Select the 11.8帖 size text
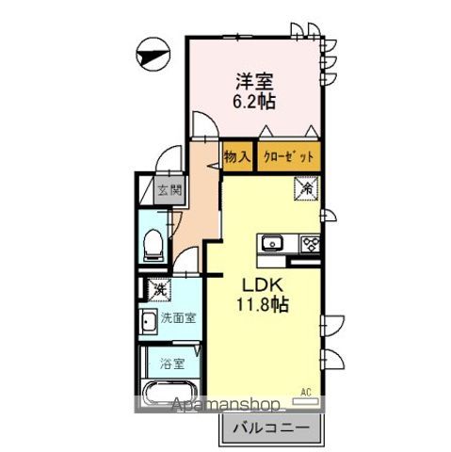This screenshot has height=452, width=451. [x=263, y=304]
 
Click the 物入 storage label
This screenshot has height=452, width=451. [x=236, y=157]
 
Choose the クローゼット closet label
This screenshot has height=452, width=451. [x=287, y=157]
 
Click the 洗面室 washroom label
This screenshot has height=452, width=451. [x=178, y=317]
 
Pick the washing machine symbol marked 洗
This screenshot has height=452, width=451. [x=153, y=289]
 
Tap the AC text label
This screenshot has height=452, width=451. [x=304, y=390]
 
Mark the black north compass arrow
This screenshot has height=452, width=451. [x=150, y=54]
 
